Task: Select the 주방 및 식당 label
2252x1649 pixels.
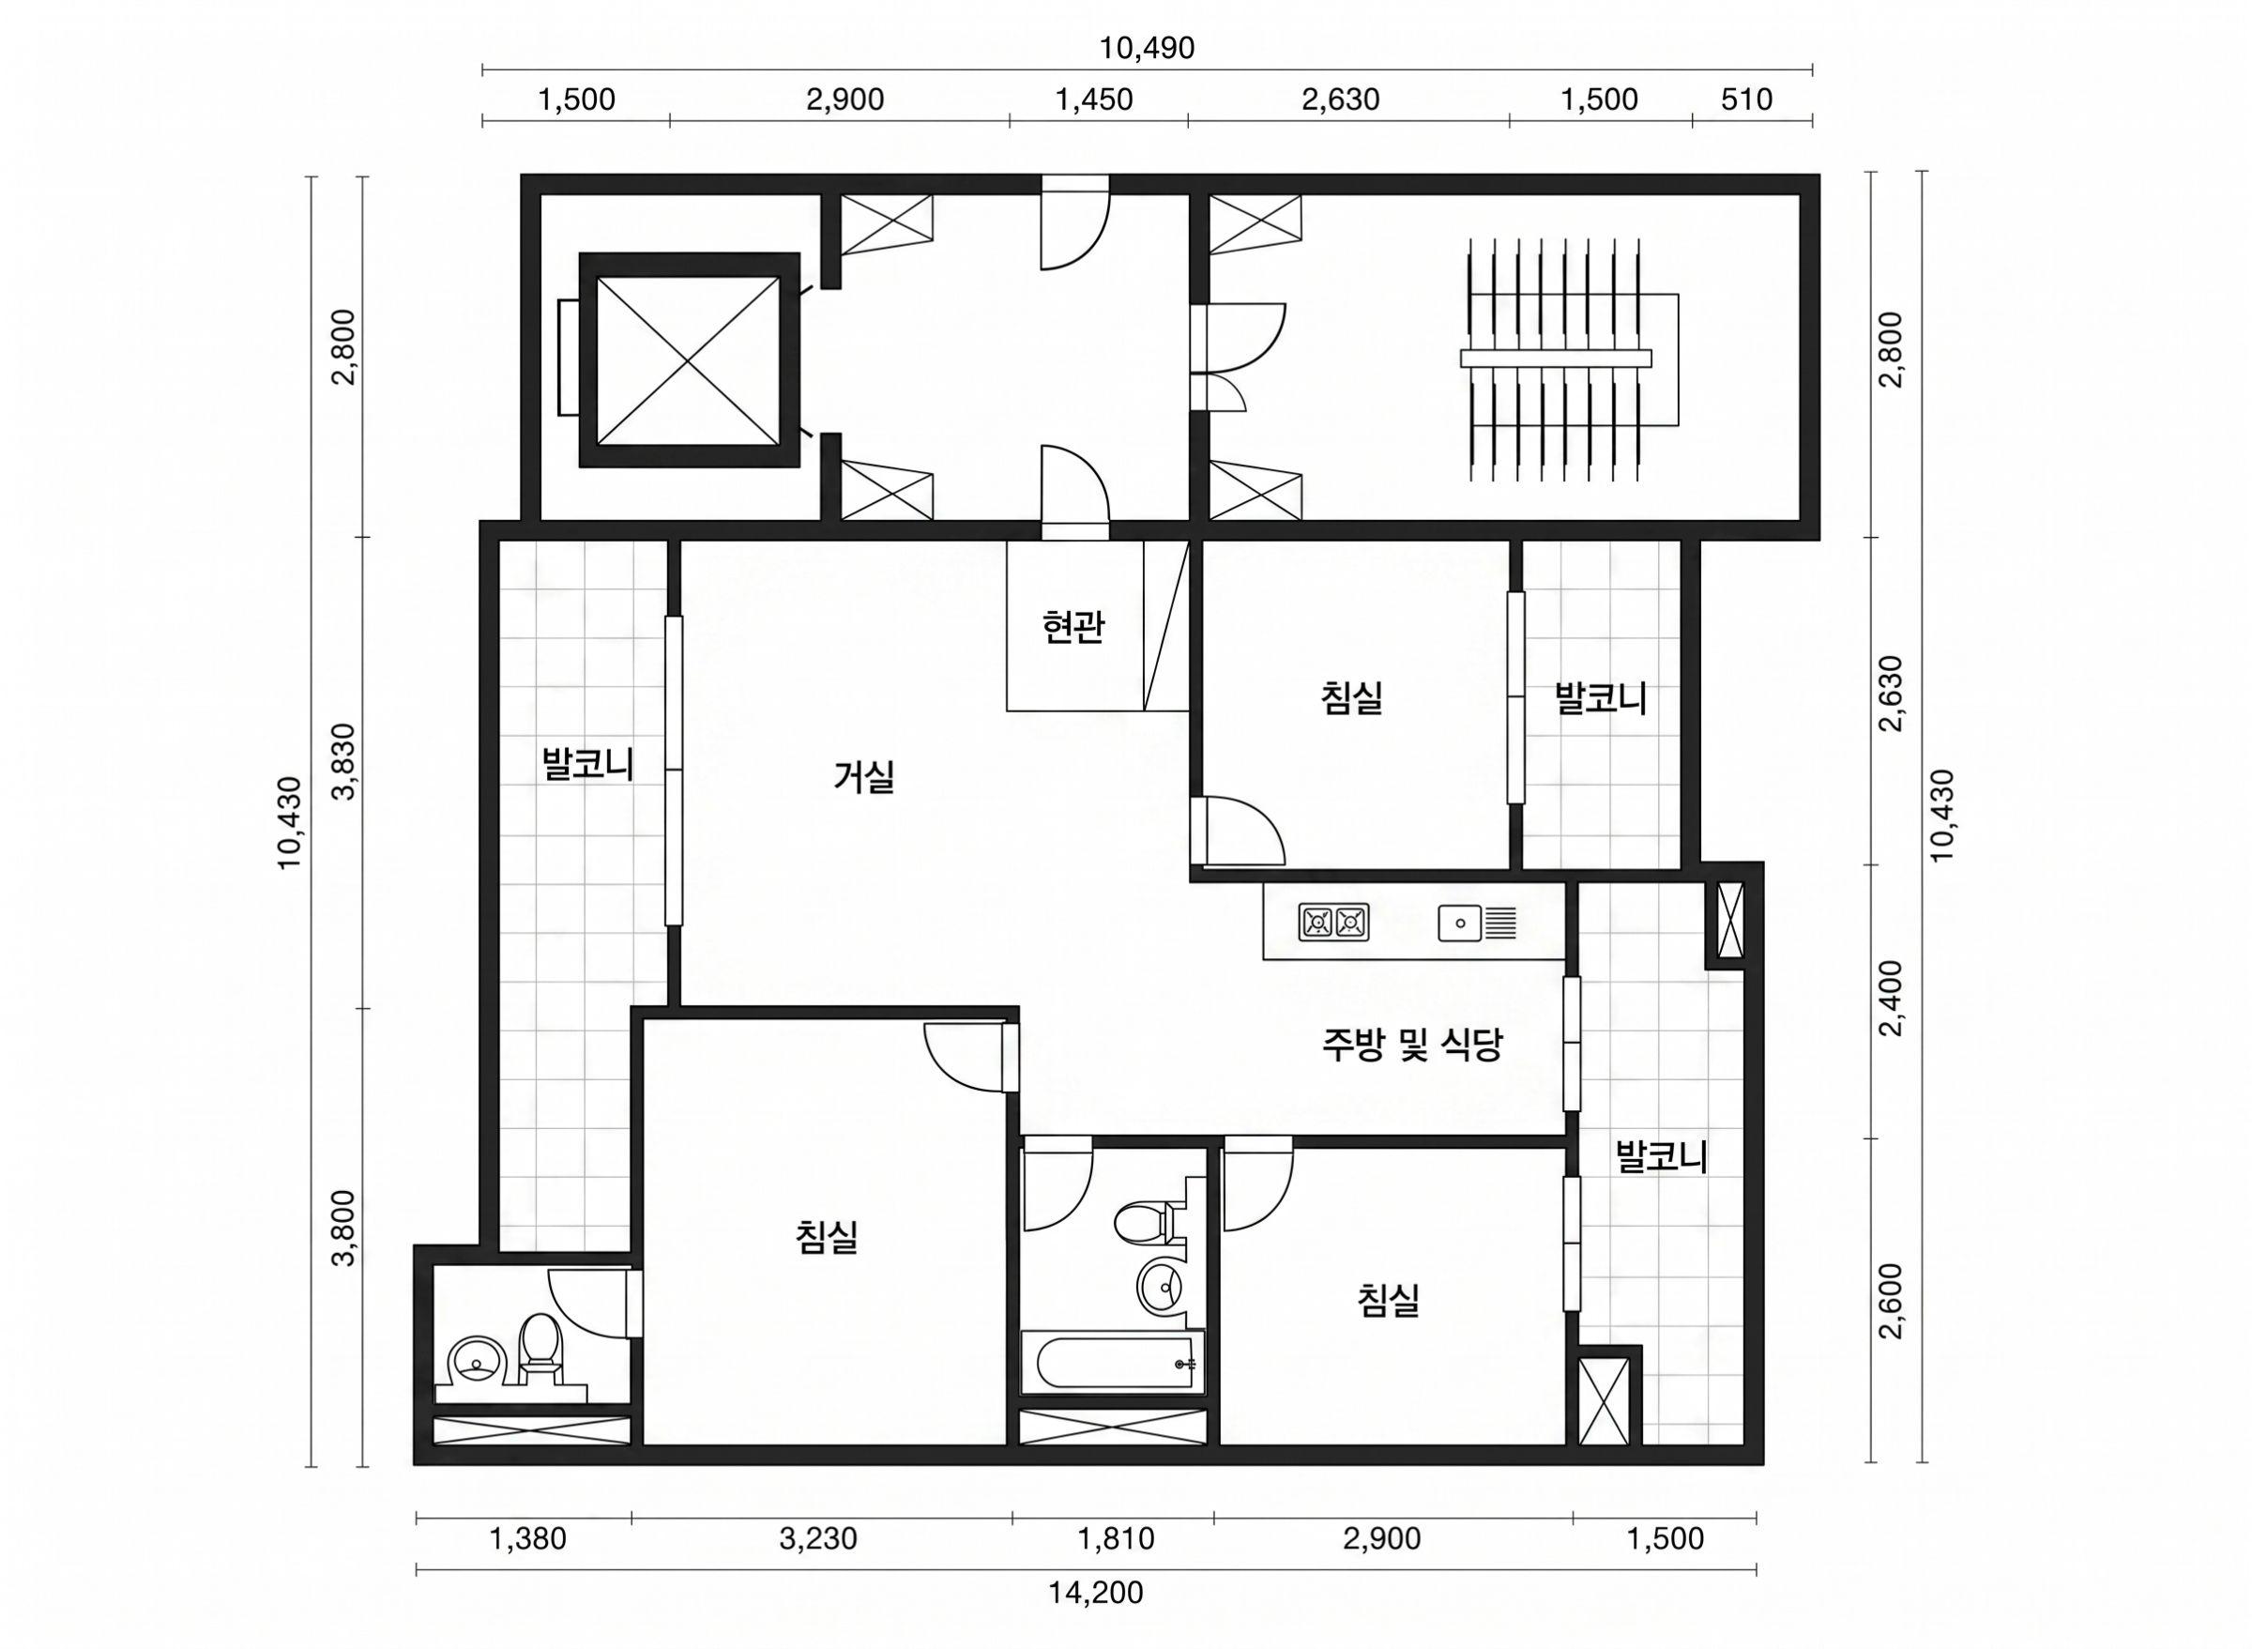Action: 1412,1046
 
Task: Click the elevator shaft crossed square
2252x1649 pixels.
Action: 688,359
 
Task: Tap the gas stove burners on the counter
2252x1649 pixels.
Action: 1333,923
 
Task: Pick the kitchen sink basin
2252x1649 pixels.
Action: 1460,923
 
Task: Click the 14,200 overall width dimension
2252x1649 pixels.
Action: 1095,1592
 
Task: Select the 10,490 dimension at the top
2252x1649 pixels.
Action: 1147,48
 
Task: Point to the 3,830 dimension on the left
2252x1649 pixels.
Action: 344,761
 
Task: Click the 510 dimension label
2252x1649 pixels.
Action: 1747,99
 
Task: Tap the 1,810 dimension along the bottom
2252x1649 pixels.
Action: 1116,1538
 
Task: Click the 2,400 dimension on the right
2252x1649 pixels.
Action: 1891,1000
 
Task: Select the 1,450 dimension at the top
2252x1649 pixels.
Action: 1095,99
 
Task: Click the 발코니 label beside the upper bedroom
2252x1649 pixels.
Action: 1602,698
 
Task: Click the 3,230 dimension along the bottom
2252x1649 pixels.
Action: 818,1538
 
